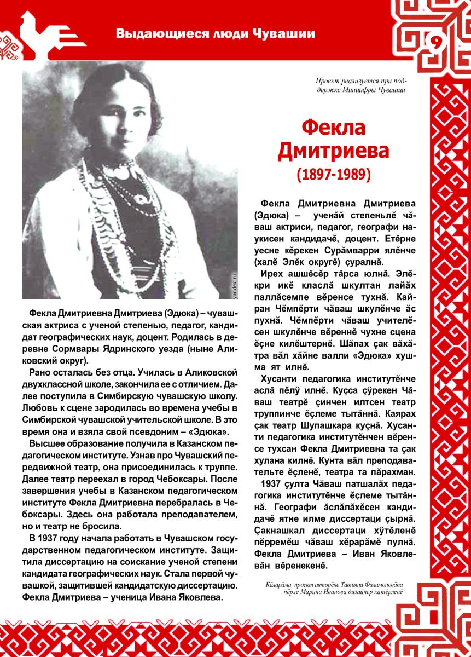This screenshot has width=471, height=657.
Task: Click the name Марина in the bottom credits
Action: coord(316,591)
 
